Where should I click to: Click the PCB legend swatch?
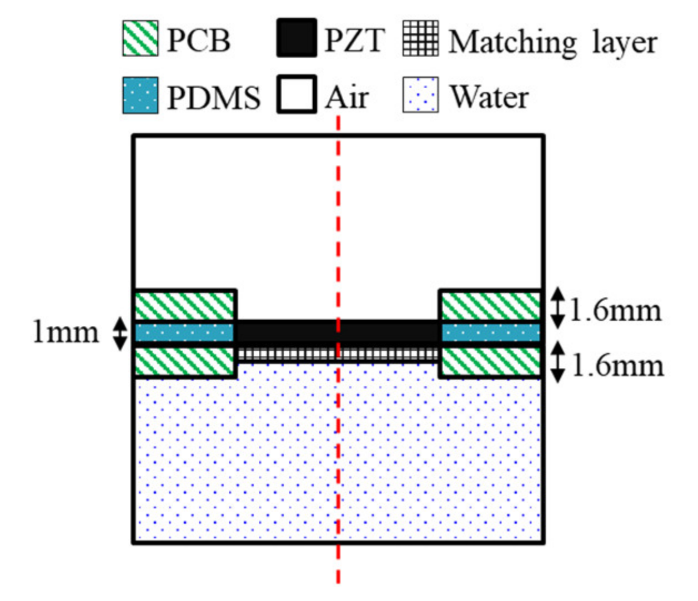[x=140, y=38]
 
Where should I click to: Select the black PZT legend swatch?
[x=297, y=38]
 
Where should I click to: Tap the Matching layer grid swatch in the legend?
[x=420, y=39]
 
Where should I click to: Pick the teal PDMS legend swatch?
[x=140, y=95]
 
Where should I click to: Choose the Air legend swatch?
[x=297, y=95]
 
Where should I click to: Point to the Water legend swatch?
[x=420, y=95]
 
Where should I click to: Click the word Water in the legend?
[x=489, y=97]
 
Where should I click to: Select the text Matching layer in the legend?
[x=553, y=42]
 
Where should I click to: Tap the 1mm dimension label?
[x=66, y=332]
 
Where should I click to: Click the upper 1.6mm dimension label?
[x=616, y=310]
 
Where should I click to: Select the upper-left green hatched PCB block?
[x=185, y=306]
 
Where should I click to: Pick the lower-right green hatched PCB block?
[x=490, y=362]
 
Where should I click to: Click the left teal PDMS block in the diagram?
[x=185, y=332]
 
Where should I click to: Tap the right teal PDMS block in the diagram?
[x=490, y=332]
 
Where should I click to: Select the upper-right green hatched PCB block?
[x=490, y=306]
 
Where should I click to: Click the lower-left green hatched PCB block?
[x=185, y=362]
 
